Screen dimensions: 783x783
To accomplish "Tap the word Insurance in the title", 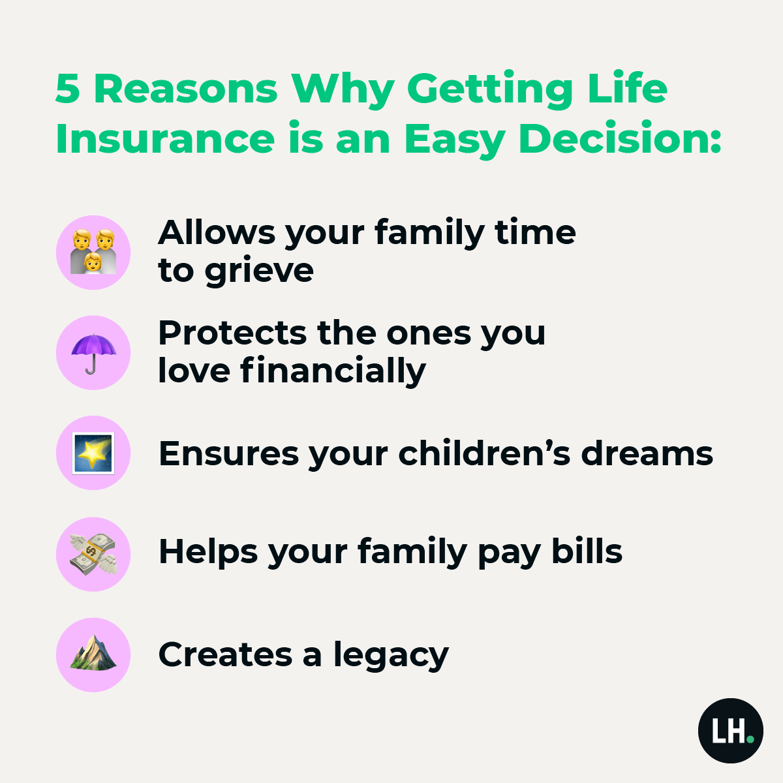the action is [165, 138].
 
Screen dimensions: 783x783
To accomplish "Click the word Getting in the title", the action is [490, 90].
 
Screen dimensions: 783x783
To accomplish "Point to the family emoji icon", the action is [93, 252].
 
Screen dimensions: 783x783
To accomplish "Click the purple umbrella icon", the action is [93, 353].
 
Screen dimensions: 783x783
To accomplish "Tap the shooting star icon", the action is [93, 453].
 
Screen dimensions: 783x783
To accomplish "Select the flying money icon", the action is [93, 554].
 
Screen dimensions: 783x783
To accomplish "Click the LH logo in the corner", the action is [731, 730].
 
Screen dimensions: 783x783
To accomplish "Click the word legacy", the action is [391, 655].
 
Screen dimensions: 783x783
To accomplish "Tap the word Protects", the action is [232, 333].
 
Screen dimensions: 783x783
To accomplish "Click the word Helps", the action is [208, 552].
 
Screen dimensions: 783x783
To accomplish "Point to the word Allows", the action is [217, 232].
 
